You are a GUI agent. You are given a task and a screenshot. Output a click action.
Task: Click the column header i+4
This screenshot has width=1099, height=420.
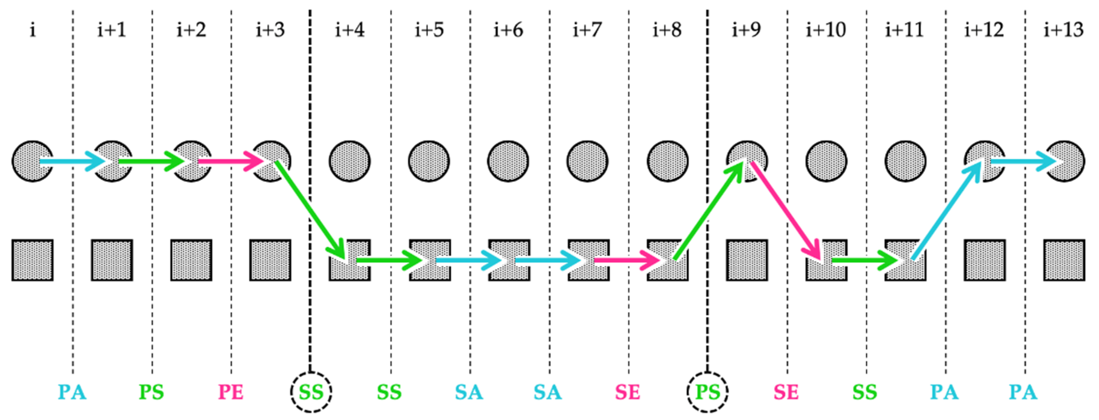click(349, 30)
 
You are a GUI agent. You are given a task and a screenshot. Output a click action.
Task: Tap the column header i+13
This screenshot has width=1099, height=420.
click(1063, 30)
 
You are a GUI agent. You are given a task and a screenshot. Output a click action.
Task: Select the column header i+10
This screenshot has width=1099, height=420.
click(825, 30)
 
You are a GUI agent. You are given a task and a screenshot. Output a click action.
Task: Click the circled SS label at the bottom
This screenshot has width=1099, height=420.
click(311, 392)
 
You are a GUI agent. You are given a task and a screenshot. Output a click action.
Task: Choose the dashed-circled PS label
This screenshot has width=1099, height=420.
click(707, 392)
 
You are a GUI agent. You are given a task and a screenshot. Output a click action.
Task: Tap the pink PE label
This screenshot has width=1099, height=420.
click(231, 392)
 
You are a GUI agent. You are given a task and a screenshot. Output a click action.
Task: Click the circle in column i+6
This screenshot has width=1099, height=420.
click(508, 161)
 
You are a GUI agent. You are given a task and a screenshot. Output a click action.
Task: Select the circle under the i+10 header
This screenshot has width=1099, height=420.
click(826, 161)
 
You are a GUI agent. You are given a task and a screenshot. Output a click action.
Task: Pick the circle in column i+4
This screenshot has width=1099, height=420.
click(350, 161)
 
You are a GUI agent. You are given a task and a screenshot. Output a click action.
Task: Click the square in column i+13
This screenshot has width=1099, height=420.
click(1064, 260)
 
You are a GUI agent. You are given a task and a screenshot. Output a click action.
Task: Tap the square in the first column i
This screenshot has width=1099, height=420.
click(33, 260)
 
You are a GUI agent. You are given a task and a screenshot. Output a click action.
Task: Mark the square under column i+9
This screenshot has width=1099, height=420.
click(747, 260)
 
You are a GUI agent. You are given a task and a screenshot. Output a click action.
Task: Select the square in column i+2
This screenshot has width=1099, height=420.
click(192, 260)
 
